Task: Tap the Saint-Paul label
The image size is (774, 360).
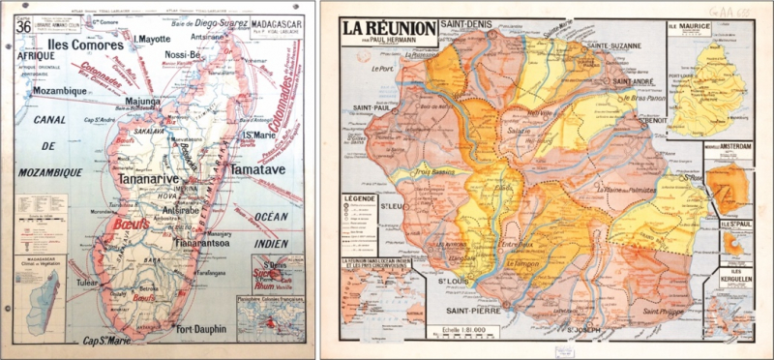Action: point(370,107)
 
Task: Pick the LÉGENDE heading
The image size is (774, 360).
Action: point(358,197)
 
